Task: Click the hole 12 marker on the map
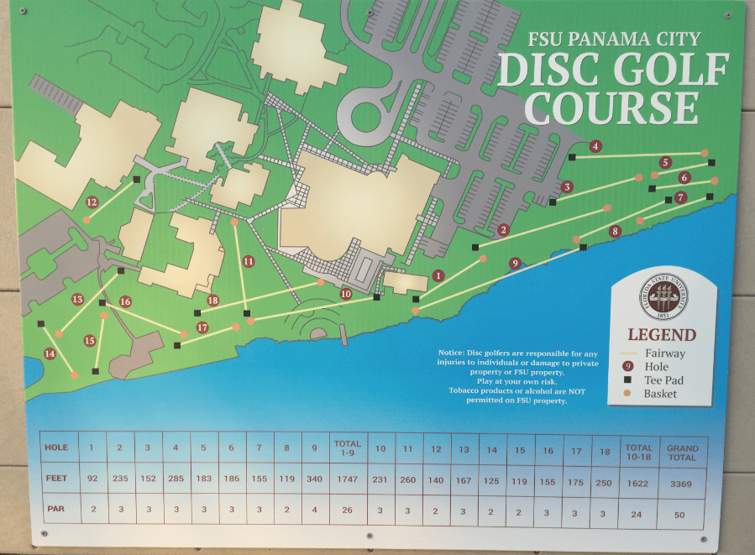coord(92,202)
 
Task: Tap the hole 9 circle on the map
coord(515,263)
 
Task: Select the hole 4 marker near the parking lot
coord(595,146)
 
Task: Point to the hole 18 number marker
coord(212,301)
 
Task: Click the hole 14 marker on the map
coord(50,353)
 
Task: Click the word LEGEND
coord(662,335)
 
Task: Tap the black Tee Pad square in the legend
coord(627,380)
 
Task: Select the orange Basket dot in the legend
coord(627,394)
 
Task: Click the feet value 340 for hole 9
coord(315,478)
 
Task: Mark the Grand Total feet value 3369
coord(683,478)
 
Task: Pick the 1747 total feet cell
coord(347,478)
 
